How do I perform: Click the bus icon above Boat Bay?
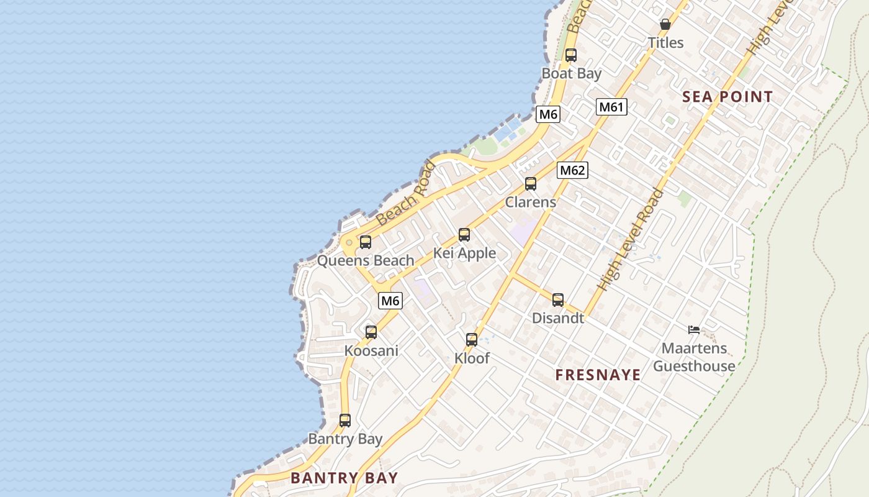coord(571,55)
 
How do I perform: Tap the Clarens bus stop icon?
coord(531,184)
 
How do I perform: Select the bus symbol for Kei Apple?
coord(464,235)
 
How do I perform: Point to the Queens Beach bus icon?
coord(366,242)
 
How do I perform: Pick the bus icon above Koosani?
coord(371,332)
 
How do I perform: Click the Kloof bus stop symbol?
coord(472,340)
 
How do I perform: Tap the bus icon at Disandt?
coord(558,300)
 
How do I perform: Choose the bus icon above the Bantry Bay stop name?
coord(345,421)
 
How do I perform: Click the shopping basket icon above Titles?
coord(665,25)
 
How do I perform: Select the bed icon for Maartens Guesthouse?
coord(694,330)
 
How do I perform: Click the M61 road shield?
coord(612,107)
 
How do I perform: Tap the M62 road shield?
coord(572,170)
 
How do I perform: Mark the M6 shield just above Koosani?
coord(390,301)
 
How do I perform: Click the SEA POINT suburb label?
coord(727,97)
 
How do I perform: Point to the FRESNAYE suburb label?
coord(598,375)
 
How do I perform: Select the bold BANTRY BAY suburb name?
coord(344,478)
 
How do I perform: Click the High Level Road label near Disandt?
coord(630,240)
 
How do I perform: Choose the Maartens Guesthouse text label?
coord(694,357)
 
